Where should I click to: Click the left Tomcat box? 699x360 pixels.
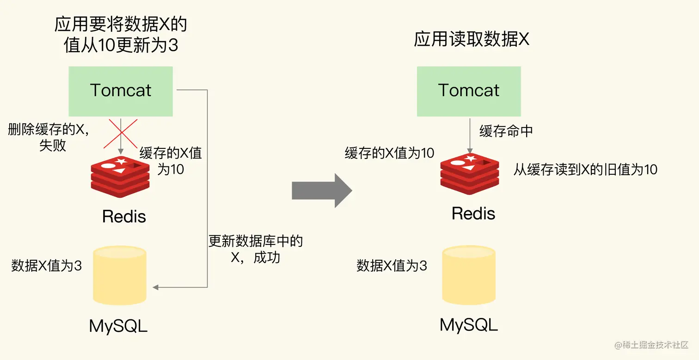point(121,91)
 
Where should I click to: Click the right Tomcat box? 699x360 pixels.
point(469,91)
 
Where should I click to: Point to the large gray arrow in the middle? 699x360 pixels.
point(322,190)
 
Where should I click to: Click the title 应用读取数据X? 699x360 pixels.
point(471,40)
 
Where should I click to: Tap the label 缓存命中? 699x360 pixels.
point(506,131)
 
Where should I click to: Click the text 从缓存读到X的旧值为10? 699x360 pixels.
point(585,170)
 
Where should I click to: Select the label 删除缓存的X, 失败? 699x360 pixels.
point(48,137)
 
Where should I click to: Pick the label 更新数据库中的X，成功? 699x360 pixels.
point(256,249)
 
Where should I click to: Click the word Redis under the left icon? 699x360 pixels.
point(124,216)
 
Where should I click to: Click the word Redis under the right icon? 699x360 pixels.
point(473,214)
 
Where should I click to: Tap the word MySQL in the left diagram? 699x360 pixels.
point(118,326)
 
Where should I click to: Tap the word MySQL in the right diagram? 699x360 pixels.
point(469,324)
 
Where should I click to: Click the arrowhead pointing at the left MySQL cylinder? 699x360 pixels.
point(156,287)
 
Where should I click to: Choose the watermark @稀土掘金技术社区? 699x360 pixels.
point(651,345)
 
